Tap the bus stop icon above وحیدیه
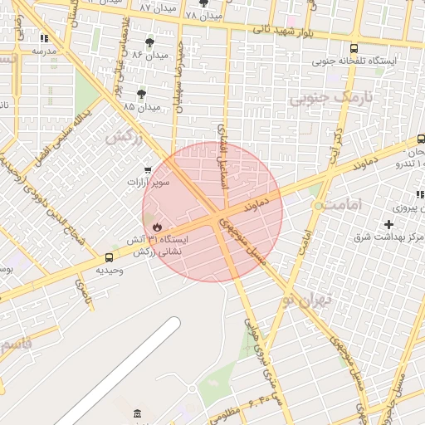click(110, 257)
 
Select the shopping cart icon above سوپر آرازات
click(148, 169)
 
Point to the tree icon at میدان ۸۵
click(142, 95)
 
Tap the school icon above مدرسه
click(44, 38)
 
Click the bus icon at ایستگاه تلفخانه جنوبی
click(354, 49)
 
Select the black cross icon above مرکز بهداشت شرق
click(388, 224)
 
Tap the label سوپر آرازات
click(148, 181)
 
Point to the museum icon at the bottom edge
click(137, 413)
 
